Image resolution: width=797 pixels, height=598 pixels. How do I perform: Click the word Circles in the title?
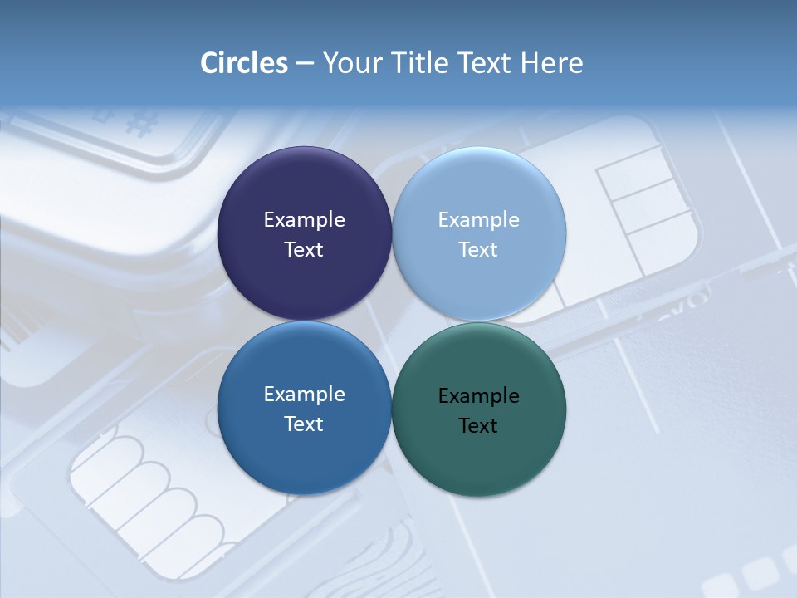pyautogui.click(x=244, y=63)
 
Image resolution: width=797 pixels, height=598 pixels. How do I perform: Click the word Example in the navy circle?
pyautogui.click(x=304, y=220)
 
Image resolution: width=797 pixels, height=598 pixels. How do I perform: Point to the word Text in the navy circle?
pyautogui.click(x=304, y=250)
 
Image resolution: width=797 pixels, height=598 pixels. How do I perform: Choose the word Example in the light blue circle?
pyautogui.click(x=479, y=220)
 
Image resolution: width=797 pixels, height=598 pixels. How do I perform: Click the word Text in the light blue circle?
pyautogui.click(x=479, y=250)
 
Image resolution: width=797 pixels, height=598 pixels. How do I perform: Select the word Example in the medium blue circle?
pyautogui.click(x=304, y=395)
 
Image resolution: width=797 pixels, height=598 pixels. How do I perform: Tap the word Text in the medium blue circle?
pyautogui.click(x=304, y=424)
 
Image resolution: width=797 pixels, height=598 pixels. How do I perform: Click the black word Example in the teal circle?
pyautogui.click(x=479, y=396)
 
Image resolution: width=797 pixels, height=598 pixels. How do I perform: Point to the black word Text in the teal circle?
pyautogui.click(x=479, y=426)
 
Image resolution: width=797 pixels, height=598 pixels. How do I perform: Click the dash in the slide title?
pyautogui.click(x=305, y=64)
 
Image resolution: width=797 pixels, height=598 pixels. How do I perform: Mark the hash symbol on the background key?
pyautogui.click(x=142, y=124)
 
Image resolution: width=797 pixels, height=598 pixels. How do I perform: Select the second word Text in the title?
pyautogui.click(x=487, y=63)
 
